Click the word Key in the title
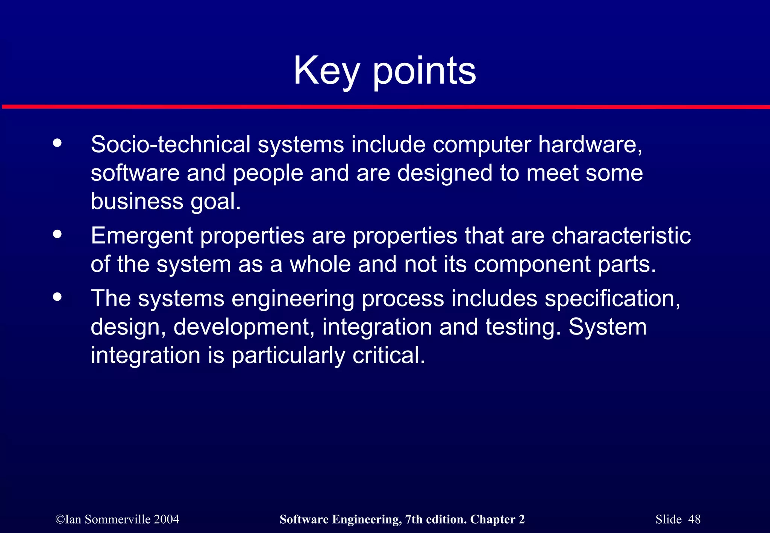[326, 71]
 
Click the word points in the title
[424, 71]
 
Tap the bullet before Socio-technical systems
[57, 143]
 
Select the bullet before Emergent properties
[57, 234]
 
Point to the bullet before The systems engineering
[57, 297]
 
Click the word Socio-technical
[171, 144]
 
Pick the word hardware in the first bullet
[590, 144]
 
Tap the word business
[137, 201]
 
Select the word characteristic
[621, 236]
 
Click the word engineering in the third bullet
[293, 299]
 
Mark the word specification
[612, 299]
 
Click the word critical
[389, 355]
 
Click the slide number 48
[694, 519]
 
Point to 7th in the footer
[413, 519]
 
